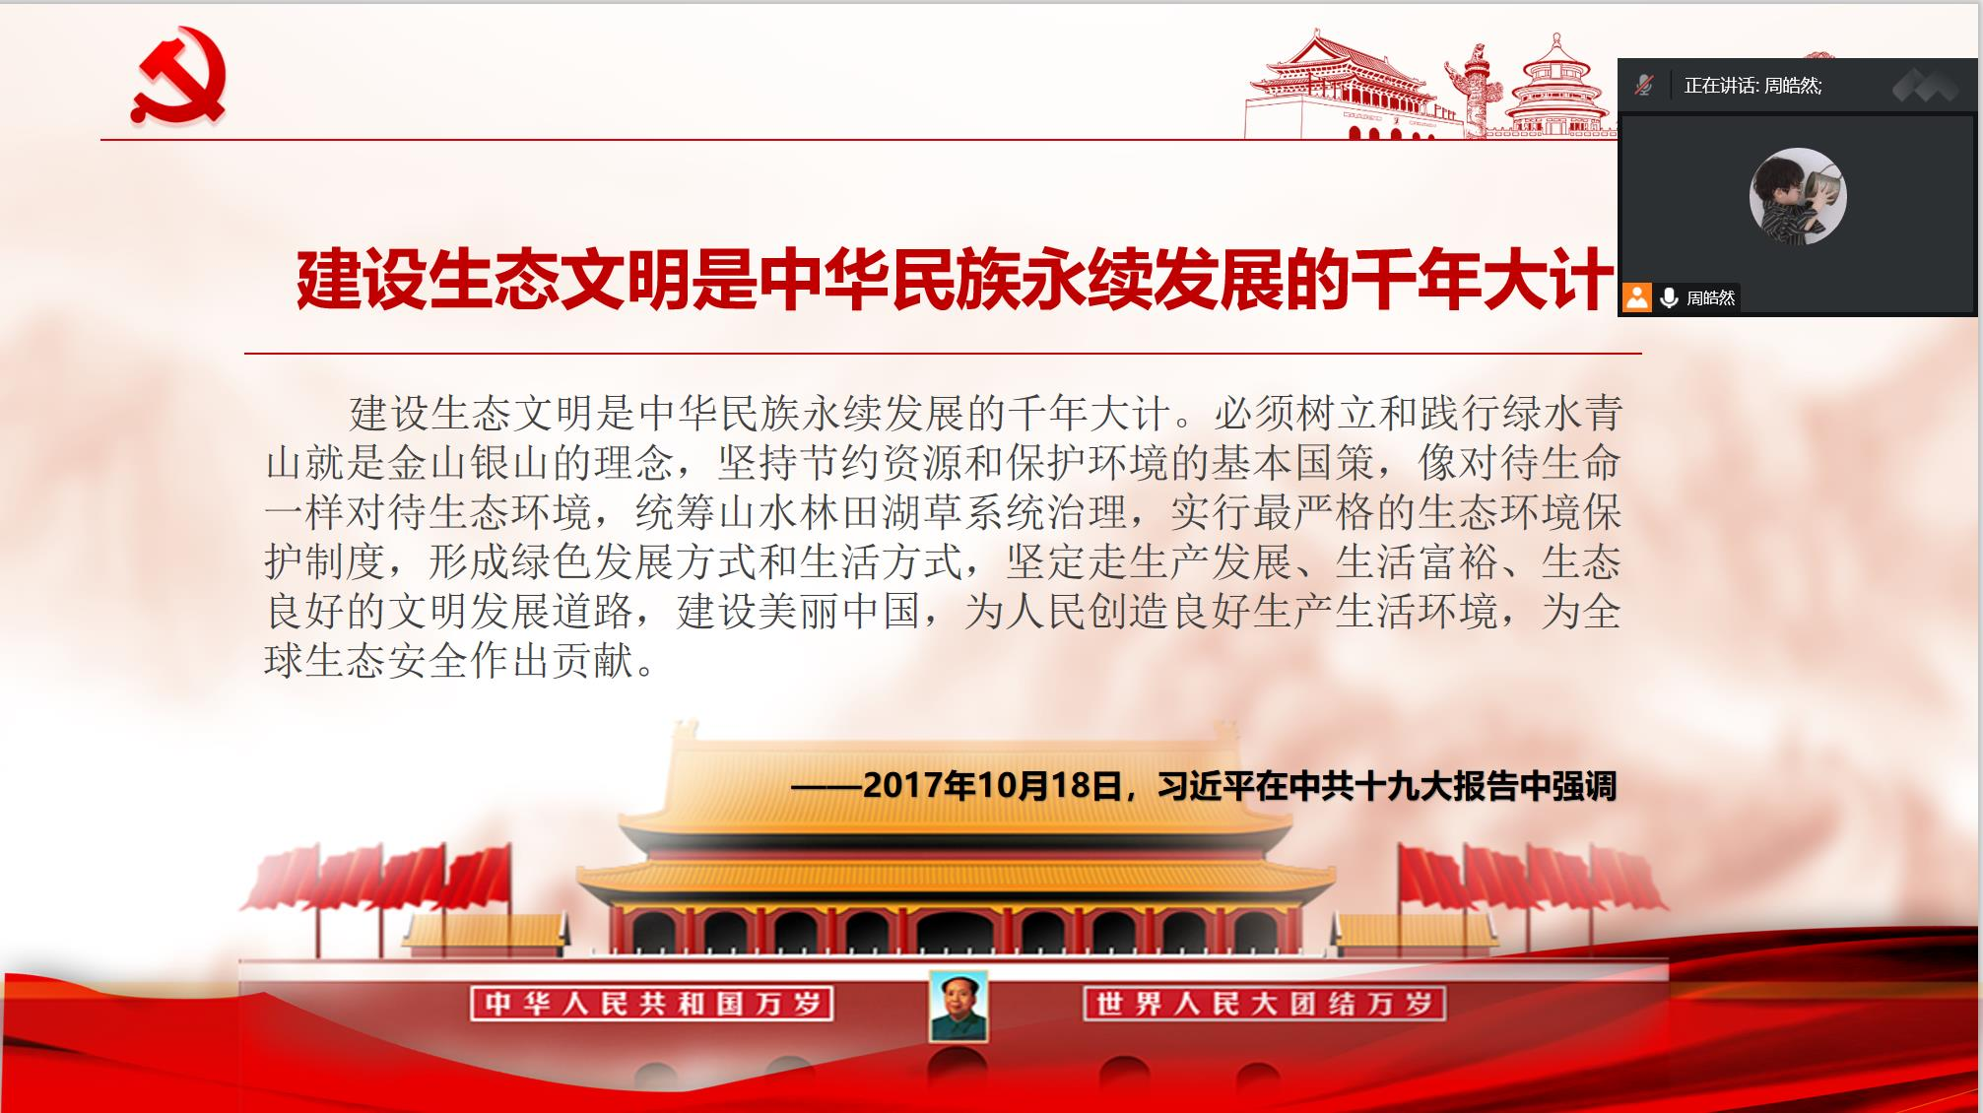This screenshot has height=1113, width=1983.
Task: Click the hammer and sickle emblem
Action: (x=179, y=76)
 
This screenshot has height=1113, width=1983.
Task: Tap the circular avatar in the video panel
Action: (x=1798, y=196)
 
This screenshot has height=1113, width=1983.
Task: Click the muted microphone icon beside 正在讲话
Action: (x=1643, y=86)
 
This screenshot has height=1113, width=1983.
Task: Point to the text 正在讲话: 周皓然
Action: (x=1752, y=86)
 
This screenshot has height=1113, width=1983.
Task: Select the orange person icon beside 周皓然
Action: (x=1637, y=297)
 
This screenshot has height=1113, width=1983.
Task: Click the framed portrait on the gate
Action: (x=958, y=1006)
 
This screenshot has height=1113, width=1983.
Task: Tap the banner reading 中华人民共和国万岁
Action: (x=652, y=1004)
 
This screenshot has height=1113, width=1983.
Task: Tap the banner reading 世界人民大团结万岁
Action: (x=1264, y=1004)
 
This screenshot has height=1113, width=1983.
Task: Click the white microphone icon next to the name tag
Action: (x=1669, y=297)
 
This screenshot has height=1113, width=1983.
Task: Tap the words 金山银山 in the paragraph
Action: (x=468, y=463)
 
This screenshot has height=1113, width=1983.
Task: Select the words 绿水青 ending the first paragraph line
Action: (x=1562, y=413)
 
